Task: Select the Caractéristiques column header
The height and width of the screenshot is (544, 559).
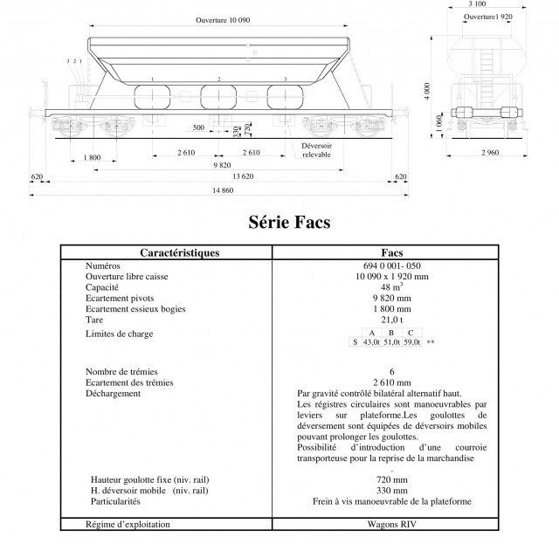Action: pyautogui.click(x=167, y=252)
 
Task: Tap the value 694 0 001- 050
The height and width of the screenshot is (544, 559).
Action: pyautogui.click(x=390, y=265)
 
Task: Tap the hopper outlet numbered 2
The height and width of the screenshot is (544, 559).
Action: pyautogui.click(x=219, y=97)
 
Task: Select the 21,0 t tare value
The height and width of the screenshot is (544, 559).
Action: pyautogui.click(x=390, y=320)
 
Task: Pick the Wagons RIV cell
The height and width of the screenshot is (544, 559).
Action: pyautogui.click(x=390, y=524)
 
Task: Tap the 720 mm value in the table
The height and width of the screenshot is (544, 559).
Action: pyautogui.click(x=390, y=479)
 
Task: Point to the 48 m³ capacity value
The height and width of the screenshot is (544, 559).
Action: pyautogui.click(x=390, y=287)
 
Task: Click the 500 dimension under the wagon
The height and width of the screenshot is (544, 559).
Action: pyautogui.click(x=198, y=127)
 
